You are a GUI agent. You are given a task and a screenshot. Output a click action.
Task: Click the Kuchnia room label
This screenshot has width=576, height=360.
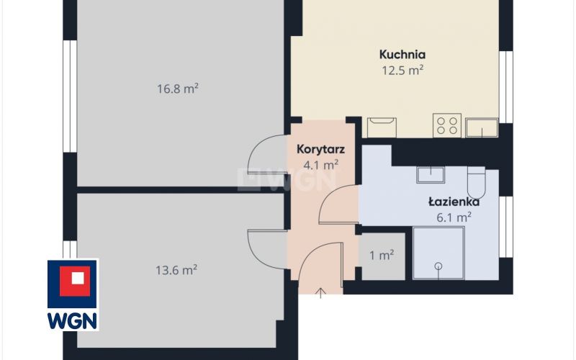[402, 55]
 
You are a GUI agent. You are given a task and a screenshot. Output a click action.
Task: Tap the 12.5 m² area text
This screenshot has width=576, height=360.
[402, 70]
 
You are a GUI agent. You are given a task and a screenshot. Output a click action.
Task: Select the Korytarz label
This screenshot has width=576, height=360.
[320, 149]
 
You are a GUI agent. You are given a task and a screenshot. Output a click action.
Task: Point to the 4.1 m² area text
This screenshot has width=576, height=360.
[320, 165]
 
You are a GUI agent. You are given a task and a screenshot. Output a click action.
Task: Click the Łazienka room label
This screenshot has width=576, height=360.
[454, 202]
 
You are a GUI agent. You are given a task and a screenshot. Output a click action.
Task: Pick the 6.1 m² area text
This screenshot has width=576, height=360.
[454, 217]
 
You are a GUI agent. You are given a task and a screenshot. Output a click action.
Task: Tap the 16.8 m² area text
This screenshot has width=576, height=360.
[178, 89]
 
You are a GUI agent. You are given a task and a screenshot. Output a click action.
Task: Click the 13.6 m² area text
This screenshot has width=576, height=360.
[176, 270]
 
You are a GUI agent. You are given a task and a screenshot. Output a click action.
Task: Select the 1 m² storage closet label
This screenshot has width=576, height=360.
[382, 255]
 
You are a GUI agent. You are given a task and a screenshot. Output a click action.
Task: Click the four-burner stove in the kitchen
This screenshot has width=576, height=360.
[447, 125]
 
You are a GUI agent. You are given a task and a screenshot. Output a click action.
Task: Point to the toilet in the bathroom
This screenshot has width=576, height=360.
[477, 183]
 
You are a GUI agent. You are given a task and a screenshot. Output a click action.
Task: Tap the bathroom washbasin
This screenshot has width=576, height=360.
[431, 175]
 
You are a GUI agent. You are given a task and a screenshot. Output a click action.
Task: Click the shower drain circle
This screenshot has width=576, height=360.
[438, 266]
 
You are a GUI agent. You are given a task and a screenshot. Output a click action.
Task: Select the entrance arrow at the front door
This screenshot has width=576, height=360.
[320, 293]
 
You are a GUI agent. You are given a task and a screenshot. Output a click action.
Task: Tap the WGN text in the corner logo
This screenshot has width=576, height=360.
[73, 320]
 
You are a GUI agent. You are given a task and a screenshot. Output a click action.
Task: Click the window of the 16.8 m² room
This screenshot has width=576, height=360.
[70, 96]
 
